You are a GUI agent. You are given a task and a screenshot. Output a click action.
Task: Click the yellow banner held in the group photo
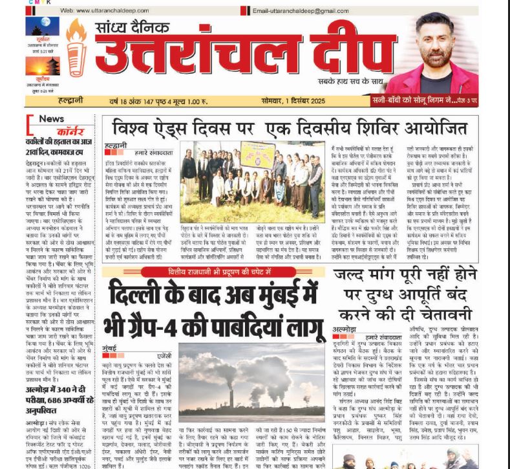click(x=258, y=154)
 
